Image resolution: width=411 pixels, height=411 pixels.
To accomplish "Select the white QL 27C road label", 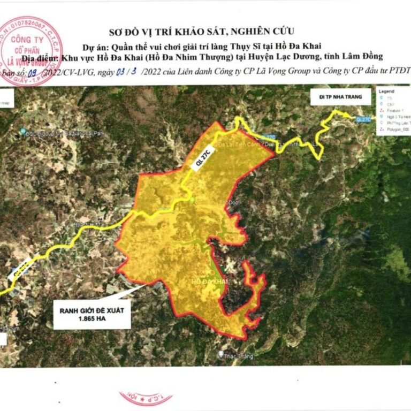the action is pyautogui.click(x=199, y=161).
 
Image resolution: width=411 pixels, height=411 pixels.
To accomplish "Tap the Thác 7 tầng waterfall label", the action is pyautogui.click(x=235, y=356).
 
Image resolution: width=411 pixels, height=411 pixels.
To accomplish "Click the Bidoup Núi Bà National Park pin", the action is pyautogui.click(x=24, y=131).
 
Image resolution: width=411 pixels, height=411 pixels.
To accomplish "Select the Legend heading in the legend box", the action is pyautogui.click(x=386, y=92).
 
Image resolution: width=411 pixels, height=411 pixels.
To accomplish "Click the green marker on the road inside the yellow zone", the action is pyautogui.click(x=193, y=200).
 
